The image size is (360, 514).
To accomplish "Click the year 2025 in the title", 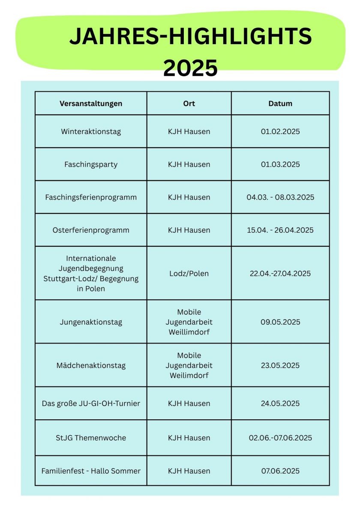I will pyautogui.click(x=190, y=68).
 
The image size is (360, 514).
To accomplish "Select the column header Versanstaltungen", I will pyautogui.click(x=91, y=104).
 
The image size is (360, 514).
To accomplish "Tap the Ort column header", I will pyautogui.click(x=189, y=104).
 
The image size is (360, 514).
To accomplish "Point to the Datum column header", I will pyautogui.click(x=280, y=104).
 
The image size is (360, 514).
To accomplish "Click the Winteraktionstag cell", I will pyautogui.click(x=91, y=131).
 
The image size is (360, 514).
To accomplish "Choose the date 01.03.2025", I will pyautogui.click(x=280, y=164).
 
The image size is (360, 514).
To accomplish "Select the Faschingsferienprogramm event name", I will pyautogui.click(x=91, y=197).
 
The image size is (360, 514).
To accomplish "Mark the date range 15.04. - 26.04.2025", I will pyautogui.click(x=280, y=230).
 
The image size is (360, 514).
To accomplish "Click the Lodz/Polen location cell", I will pyautogui.click(x=189, y=273).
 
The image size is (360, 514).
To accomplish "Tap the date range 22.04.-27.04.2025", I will pyautogui.click(x=280, y=273).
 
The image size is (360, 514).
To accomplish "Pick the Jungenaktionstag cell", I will pyautogui.click(x=91, y=322).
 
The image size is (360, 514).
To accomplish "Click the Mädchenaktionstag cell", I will pyautogui.click(x=91, y=365).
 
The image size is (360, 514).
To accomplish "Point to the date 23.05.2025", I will pyautogui.click(x=280, y=365).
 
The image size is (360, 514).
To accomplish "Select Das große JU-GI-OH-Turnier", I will pyautogui.click(x=91, y=403).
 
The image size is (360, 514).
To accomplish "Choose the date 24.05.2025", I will pyautogui.click(x=280, y=403).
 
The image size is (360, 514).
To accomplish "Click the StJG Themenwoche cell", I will pyautogui.click(x=91, y=438).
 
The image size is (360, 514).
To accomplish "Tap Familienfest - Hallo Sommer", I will pyautogui.click(x=91, y=471).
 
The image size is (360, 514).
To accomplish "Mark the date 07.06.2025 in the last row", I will pyautogui.click(x=280, y=471).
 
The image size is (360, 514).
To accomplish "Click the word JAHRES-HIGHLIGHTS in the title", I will pyautogui.click(x=190, y=36).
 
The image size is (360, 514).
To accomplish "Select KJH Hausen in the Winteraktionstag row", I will pyautogui.click(x=189, y=131).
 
